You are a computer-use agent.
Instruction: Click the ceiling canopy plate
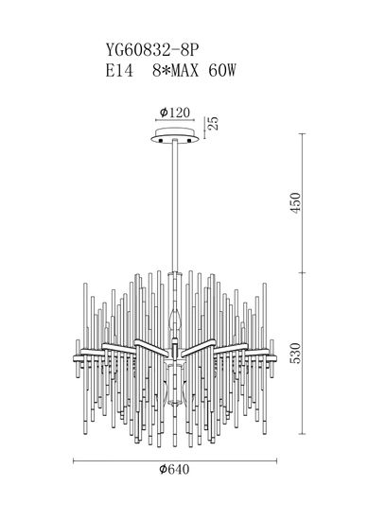pos(176,136)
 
